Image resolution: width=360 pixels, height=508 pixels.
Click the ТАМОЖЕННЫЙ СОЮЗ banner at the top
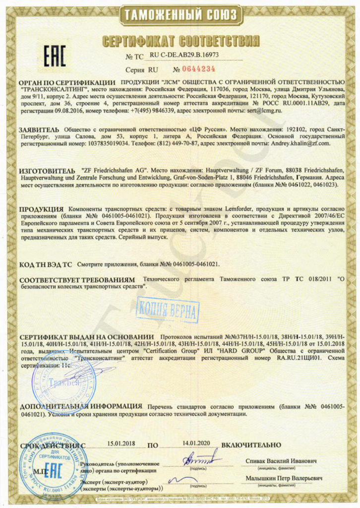180,15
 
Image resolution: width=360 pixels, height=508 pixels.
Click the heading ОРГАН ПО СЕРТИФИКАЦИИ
67,81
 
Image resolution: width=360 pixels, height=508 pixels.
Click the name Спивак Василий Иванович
281,461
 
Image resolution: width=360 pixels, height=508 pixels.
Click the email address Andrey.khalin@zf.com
300,143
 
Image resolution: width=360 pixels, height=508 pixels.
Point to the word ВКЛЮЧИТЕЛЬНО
251,444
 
